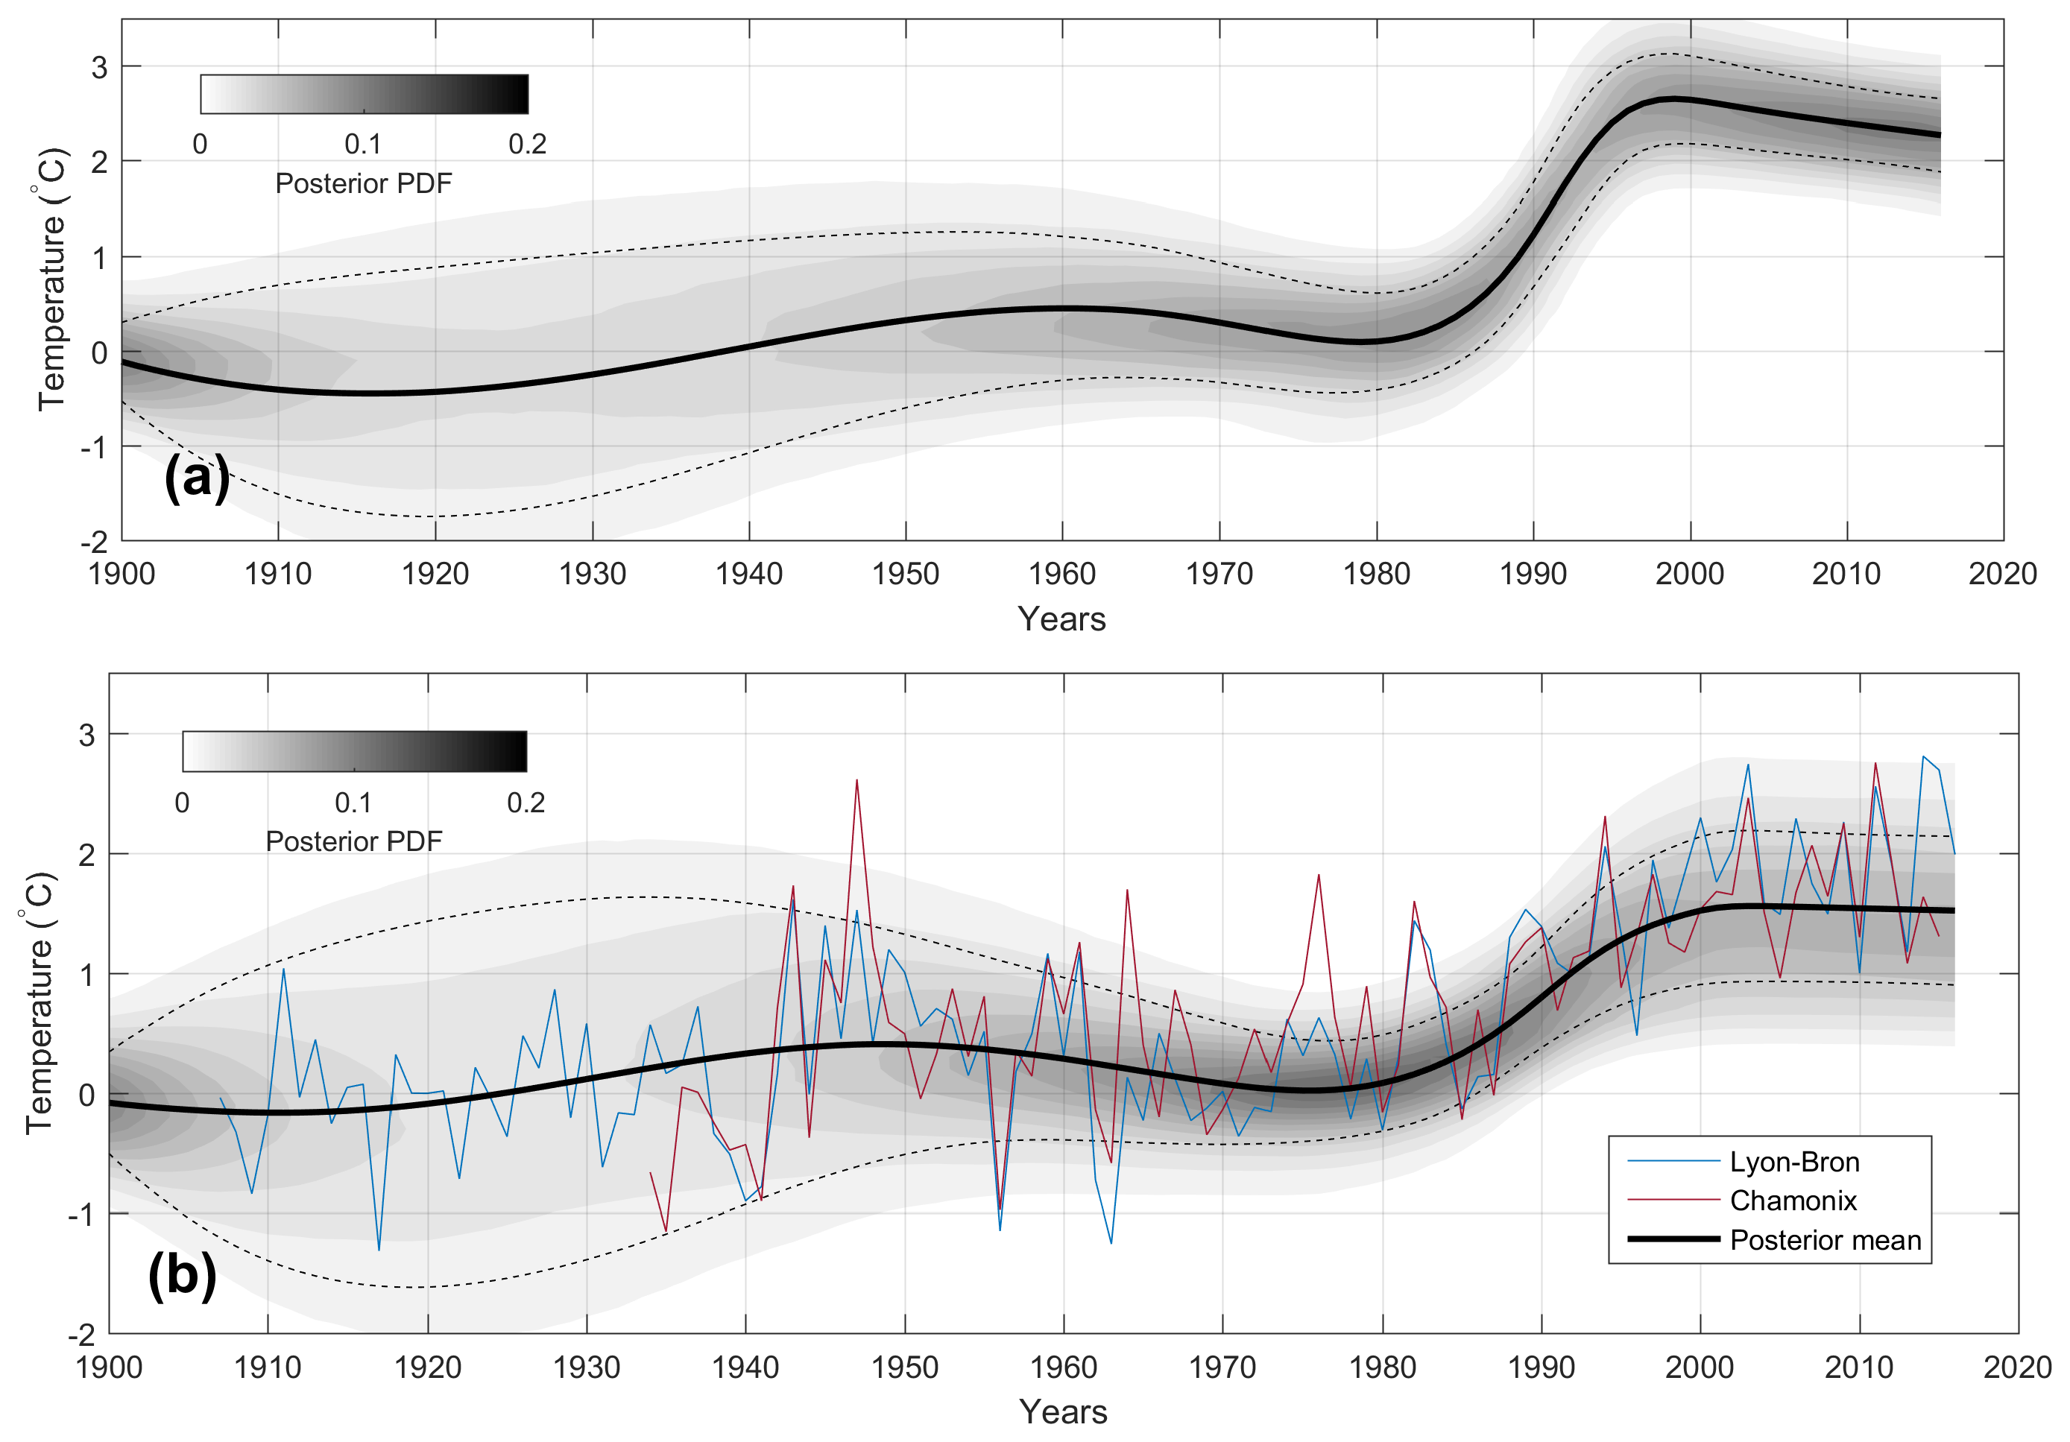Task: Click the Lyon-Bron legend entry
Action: tap(1793, 1162)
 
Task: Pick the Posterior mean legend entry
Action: tap(1825, 1240)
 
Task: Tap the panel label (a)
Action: tap(197, 478)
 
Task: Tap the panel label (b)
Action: tap(182, 1274)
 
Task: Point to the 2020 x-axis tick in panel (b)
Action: tap(2018, 1367)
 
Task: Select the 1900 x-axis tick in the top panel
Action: tap(122, 574)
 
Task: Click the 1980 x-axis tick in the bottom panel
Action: tap(1382, 1367)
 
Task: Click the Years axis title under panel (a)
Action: tap(1061, 619)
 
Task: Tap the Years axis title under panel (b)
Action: tap(1063, 1411)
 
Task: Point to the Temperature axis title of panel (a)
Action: tap(51, 279)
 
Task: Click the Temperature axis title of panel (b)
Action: tap(39, 1002)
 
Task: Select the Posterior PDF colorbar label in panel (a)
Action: tap(363, 184)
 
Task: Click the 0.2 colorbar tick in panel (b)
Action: tap(526, 803)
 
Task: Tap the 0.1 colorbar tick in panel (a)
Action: tap(362, 145)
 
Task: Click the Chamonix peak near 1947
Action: tap(856, 780)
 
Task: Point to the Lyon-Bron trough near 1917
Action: tap(379, 1249)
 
